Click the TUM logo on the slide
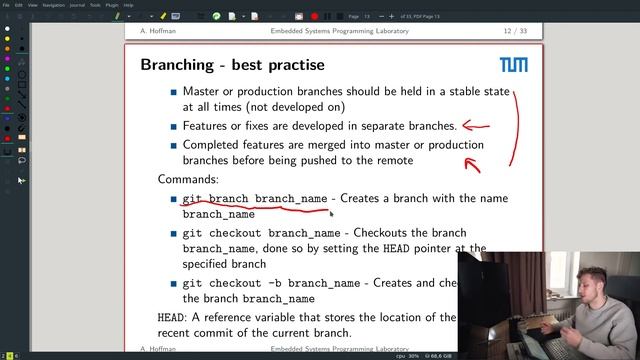click(514, 67)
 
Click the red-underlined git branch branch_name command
click(255, 199)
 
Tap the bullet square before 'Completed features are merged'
click(173, 146)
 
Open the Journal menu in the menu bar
click(77, 4)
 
